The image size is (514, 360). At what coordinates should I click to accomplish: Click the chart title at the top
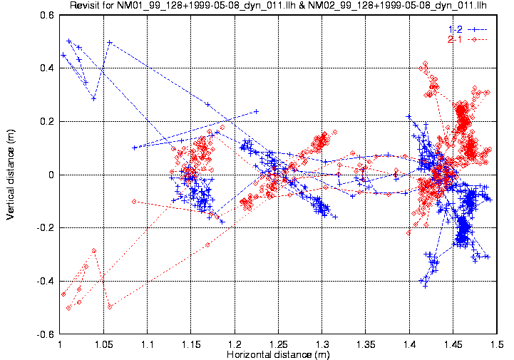point(278,6)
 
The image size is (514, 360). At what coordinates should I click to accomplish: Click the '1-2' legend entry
point(456,29)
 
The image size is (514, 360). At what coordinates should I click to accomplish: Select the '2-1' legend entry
point(456,39)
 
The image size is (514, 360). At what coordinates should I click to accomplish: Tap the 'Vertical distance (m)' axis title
point(11,175)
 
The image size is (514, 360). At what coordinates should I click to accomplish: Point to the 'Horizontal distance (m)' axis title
point(278,354)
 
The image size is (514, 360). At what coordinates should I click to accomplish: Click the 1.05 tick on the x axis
point(104,345)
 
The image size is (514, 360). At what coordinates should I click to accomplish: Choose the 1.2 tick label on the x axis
point(235,345)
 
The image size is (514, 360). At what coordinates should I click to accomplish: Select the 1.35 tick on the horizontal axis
point(366,345)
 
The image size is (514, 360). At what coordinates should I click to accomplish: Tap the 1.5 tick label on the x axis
point(497,345)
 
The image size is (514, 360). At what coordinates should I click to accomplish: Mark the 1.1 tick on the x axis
point(148,345)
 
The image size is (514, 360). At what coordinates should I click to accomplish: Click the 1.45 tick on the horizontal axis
point(453,345)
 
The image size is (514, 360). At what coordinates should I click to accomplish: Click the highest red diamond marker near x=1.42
point(425,64)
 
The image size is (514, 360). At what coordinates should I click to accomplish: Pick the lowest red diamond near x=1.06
point(110,307)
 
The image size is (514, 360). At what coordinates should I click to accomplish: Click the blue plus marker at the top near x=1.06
point(110,42)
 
